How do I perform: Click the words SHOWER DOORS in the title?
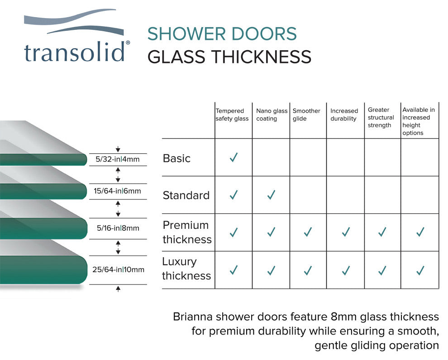click(222, 34)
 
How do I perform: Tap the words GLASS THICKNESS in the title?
click(229, 57)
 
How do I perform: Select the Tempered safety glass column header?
click(232, 115)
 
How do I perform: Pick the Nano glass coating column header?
click(272, 115)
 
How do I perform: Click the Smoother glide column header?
click(306, 115)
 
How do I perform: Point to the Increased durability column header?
click(344, 115)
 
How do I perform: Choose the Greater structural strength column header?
click(381, 117)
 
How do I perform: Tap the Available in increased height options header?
click(419, 121)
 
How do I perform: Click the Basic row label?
click(176, 158)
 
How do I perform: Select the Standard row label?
click(186, 195)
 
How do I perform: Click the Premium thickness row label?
click(187, 232)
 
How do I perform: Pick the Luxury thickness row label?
click(186, 269)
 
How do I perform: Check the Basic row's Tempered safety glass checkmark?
click(234, 157)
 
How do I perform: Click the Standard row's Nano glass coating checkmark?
click(271, 195)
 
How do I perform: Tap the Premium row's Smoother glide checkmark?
click(308, 232)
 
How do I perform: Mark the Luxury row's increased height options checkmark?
click(420, 270)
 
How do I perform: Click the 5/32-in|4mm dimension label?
click(118, 159)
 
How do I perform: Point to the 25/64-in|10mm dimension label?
click(118, 270)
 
